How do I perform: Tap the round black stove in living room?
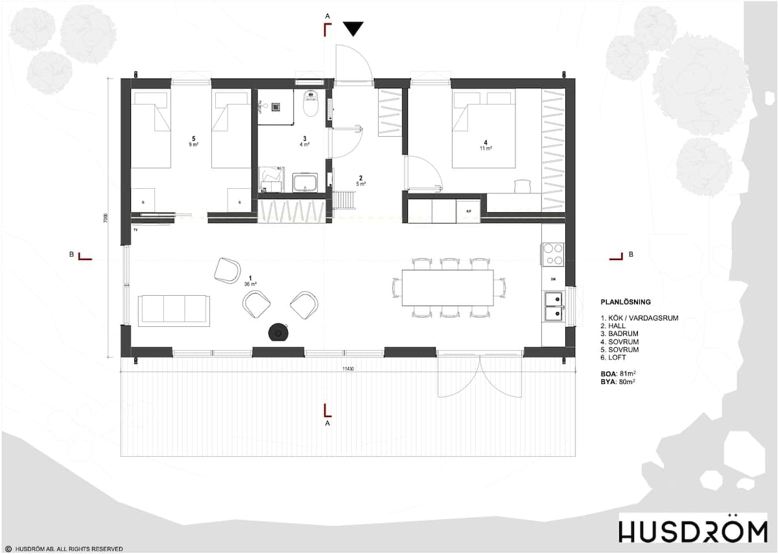[x=279, y=331]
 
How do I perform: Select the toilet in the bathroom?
[x=311, y=104]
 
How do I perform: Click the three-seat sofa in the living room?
[x=173, y=308]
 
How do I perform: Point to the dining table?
[x=447, y=287]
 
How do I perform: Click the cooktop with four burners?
[x=553, y=254]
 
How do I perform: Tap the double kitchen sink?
[x=553, y=306]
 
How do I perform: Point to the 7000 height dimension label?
[x=106, y=219]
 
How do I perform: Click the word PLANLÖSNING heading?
[x=626, y=302]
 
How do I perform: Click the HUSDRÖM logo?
[x=692, y=531]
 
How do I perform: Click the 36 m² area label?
[x=251, y=284]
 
